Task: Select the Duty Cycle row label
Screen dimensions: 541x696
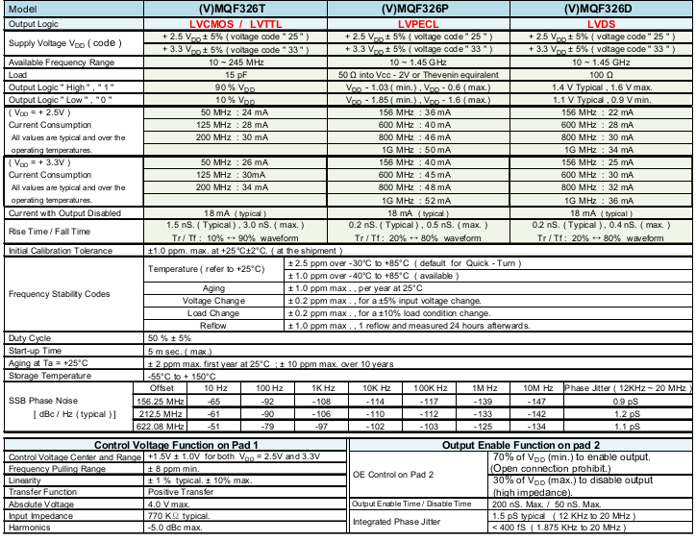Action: point(30,338)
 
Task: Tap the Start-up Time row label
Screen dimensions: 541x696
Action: point(36,351)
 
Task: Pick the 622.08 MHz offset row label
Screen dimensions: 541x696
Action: point(174,426)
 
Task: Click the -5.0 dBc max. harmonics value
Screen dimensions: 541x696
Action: point(176,526)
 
